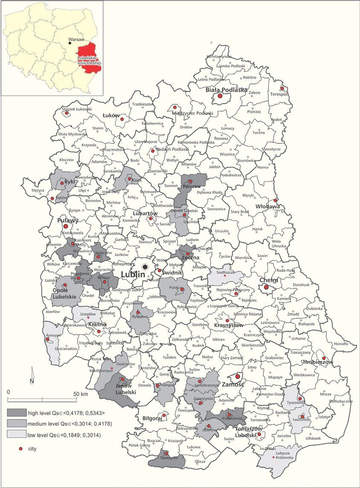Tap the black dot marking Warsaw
coord(70,43)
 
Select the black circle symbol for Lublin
coord(145,266)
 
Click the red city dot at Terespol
coord(282,88)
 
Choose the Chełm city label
coord(269,280)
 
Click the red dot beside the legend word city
coord(19,449)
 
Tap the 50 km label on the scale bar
coord(81,394)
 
